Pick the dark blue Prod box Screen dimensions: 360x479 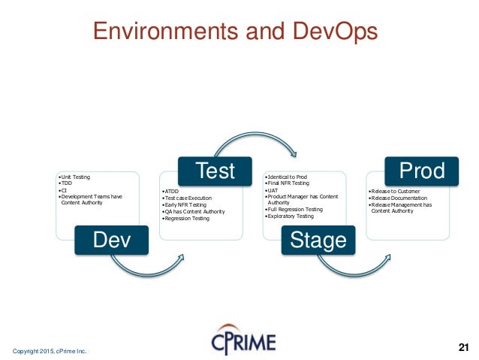click(421, 171)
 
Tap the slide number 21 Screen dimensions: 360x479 click(462, 346)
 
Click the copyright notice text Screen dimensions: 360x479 click(50, 350)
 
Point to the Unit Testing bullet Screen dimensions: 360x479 click(74, 177)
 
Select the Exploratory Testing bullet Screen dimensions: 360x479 click(291, 216)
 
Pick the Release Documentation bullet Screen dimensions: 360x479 click(400, 198)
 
